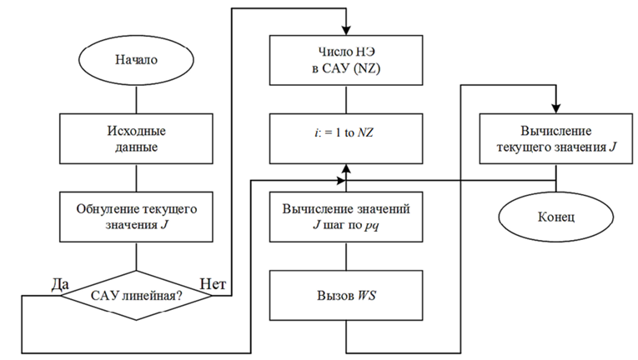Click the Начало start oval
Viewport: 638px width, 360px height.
tap(136, 60)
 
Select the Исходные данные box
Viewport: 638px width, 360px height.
tap(136, 138)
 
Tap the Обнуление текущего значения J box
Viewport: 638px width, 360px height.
tap(136, 217)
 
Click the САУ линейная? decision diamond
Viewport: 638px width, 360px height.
tap(136, 295)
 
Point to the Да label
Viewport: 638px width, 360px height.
tap(60, 285)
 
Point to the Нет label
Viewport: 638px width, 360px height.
tap(213, 284)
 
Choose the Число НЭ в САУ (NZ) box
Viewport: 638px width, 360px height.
tap(346, 60)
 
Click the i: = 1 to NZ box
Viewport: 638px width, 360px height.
tap(346, 138)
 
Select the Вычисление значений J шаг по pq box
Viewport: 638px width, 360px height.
tap(346, 217)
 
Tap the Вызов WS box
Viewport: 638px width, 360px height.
tap(346, 295)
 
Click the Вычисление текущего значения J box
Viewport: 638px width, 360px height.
tap(555, 138)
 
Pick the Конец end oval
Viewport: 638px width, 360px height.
tap(555, 217)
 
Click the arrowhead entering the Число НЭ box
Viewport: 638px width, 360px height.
tap(346, 31)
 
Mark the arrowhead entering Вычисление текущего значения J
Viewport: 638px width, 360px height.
tap(555, 109)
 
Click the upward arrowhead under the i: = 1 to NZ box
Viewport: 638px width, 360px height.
tap(346, 169)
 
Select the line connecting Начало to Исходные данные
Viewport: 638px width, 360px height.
tap(136, 100)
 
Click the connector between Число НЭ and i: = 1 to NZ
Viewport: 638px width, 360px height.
tap(346, 100)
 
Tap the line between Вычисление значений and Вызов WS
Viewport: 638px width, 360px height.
tap(346, 257)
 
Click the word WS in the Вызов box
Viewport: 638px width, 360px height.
tap(366, 296)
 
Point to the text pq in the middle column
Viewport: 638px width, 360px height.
tap(371, 226)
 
